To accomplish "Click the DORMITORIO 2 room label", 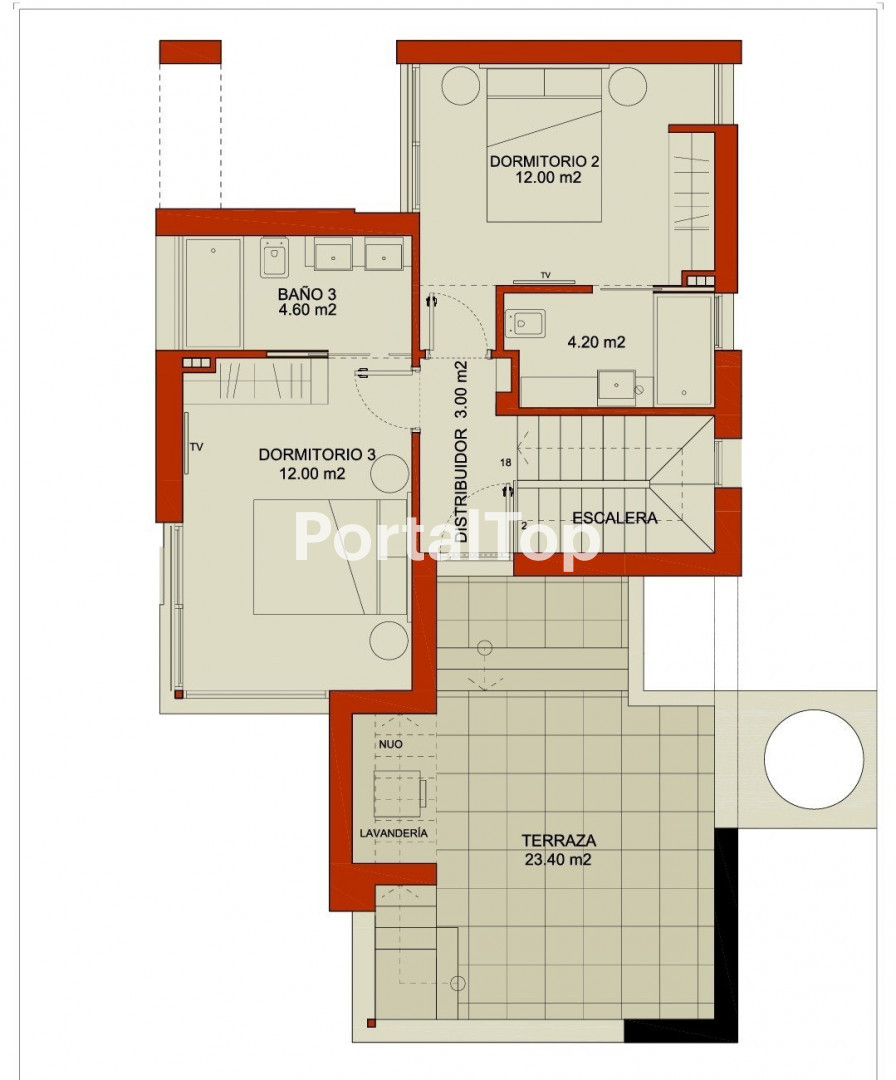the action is [544, 161].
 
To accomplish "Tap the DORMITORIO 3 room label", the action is [317, 455].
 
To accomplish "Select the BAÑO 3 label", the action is [307, 294].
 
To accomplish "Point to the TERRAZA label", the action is [559, 840].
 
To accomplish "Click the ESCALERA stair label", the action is [615, 518].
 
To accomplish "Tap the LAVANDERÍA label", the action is [393, 833].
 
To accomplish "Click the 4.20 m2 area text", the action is [596, 342].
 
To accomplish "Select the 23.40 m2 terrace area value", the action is [558, 860].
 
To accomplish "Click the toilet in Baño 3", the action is [274, 257].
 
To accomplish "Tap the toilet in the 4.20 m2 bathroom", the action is [525, 322].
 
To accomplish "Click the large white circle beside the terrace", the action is [813, 758].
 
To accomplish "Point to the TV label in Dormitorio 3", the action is [196, 447].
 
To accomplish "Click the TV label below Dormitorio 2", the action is [545, 276].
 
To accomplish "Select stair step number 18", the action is [506, 463].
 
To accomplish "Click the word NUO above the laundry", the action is [390, 745].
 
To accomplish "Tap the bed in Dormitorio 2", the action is [544, 145].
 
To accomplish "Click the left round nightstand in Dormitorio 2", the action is [460, 86].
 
